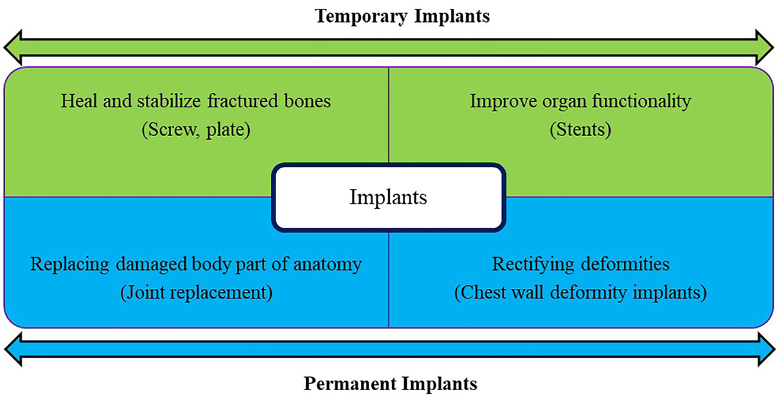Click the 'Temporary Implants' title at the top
tap(402, 16)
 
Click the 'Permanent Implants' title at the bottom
tap(390, 384)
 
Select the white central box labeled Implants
tap(388, 197)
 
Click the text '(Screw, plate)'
tap(196, 130)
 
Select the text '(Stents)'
tap(580, 130)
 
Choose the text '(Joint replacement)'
tap(196, 293)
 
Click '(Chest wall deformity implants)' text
tap(580, 293)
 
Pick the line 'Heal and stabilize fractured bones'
tap(196, 101)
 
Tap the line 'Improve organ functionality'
tap(580, 101)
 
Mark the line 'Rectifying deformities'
tap(580, 263)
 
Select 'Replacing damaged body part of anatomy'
tap(196, 263)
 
